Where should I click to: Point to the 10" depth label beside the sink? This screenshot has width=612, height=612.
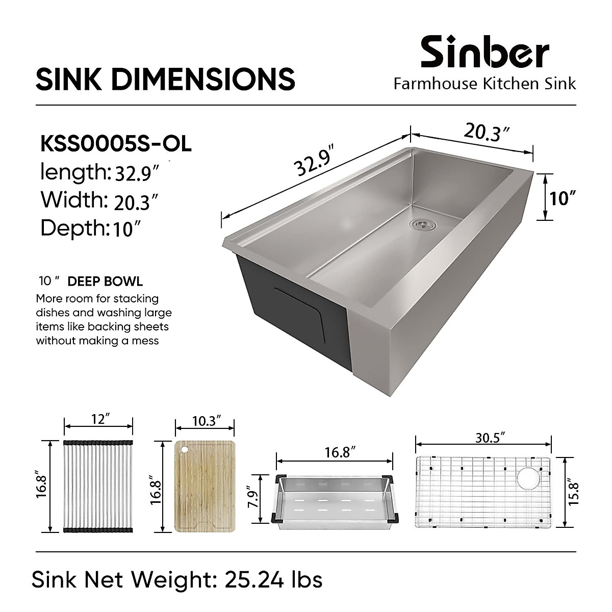coord(563,198)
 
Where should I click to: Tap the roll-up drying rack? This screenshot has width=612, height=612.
coord(98,487)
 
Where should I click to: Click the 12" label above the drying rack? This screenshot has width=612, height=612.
coord(99,419)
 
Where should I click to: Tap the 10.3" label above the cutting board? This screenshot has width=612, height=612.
coord(206,421)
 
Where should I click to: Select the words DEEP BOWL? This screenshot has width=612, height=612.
coord(105,282)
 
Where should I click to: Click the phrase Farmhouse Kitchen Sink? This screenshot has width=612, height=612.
coord(484,84)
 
